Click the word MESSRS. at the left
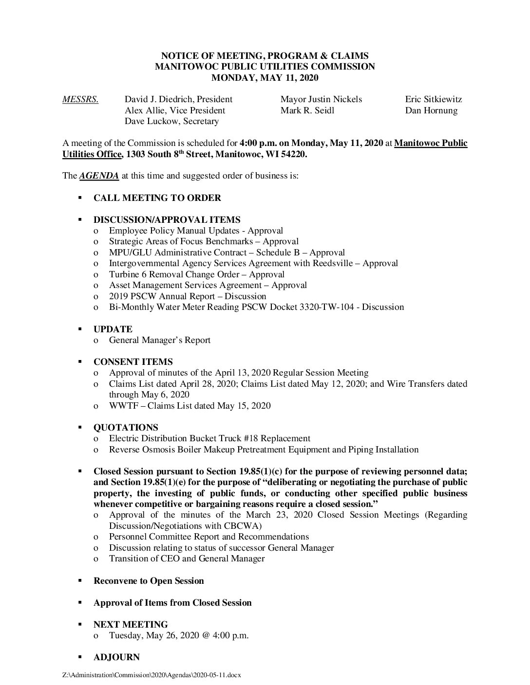point(80,100)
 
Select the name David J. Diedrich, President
point(178,100)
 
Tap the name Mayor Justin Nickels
point(321,100)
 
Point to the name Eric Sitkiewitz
point(433,100)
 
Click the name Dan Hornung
point(431,110)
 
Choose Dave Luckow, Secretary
point(171,122)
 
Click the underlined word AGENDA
point(99,176)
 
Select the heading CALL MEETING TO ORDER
point(157,198)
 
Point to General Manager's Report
point(160,340)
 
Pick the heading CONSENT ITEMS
point(133,362)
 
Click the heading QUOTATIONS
point(126,428)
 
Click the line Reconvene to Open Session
point(149,581)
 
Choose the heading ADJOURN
point(116,657)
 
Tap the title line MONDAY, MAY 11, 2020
point(265,77)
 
